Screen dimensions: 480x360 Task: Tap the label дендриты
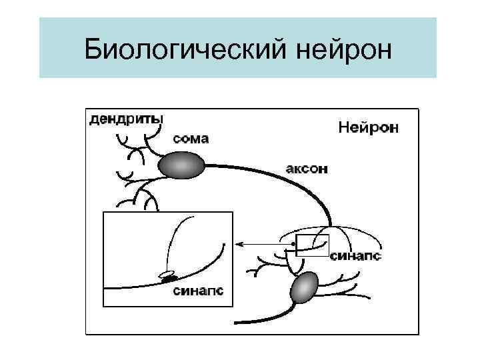point(125,119)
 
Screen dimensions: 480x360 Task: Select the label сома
point(191,139)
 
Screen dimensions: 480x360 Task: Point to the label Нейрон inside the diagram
point(368,126)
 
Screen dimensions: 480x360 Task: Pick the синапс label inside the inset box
point(198,291)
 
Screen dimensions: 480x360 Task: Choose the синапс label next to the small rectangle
point(356,256)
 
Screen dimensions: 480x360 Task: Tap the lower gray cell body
point(305,287)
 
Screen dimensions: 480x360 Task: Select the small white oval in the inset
point(167,273)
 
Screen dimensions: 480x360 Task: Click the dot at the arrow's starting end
point(292,246)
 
